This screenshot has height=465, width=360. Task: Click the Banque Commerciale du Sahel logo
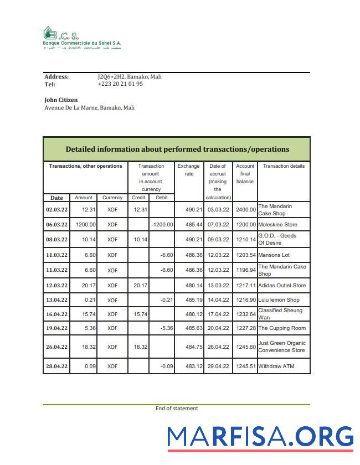click(82, 38)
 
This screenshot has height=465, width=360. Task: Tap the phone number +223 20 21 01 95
click(120, 84)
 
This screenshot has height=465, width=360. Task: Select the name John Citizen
click(61, 100)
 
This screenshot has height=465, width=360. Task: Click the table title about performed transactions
click(177, 149)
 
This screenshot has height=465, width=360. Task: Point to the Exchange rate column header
click(188, 170)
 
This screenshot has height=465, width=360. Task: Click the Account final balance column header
click(245, 174)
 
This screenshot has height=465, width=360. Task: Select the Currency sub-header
click(112, 198)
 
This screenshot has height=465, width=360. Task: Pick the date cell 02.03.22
click(56, 210)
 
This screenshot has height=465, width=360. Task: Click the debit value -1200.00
click(162, 225)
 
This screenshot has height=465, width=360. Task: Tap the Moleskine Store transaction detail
click(277, 225)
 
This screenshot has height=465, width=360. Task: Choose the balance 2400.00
click(245, 210)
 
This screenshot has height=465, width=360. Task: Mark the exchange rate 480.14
click(188, 286)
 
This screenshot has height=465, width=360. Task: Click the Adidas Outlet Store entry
click(282, 286)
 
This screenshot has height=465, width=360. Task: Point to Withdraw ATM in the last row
click(276, 366)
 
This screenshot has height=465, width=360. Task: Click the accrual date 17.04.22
click(218, 314)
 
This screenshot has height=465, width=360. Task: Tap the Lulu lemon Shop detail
click(279, 299)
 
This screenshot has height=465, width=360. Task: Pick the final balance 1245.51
click(245, 366)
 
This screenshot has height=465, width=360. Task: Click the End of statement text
click(177, 409)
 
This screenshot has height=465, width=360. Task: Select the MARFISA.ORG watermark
click(260, 437)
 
